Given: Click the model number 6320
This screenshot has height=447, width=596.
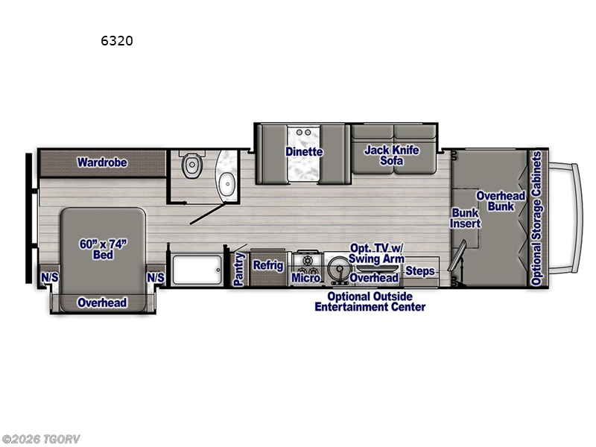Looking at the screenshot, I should tap(117, 41).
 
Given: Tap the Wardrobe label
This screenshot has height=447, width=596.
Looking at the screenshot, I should tap(102, 162).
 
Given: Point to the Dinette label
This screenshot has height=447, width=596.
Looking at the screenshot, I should tap(304, 152).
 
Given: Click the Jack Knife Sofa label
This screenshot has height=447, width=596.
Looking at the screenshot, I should tap(391, 155).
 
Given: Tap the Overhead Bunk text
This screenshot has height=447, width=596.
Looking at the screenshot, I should tap(501, 200).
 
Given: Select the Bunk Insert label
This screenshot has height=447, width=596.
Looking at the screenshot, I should tap(466, 218).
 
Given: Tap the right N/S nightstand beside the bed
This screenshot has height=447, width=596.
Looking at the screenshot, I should tap(156, 277).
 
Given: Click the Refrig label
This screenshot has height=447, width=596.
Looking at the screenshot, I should tap(268, 265).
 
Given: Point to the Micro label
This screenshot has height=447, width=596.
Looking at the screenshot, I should tap(305, 278).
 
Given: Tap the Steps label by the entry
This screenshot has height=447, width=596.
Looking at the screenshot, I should tap(420, 271).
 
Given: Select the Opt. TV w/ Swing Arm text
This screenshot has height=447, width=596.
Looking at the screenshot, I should tap(376, 253).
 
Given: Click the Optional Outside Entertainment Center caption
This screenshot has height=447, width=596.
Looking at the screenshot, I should tap(370, 302).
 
